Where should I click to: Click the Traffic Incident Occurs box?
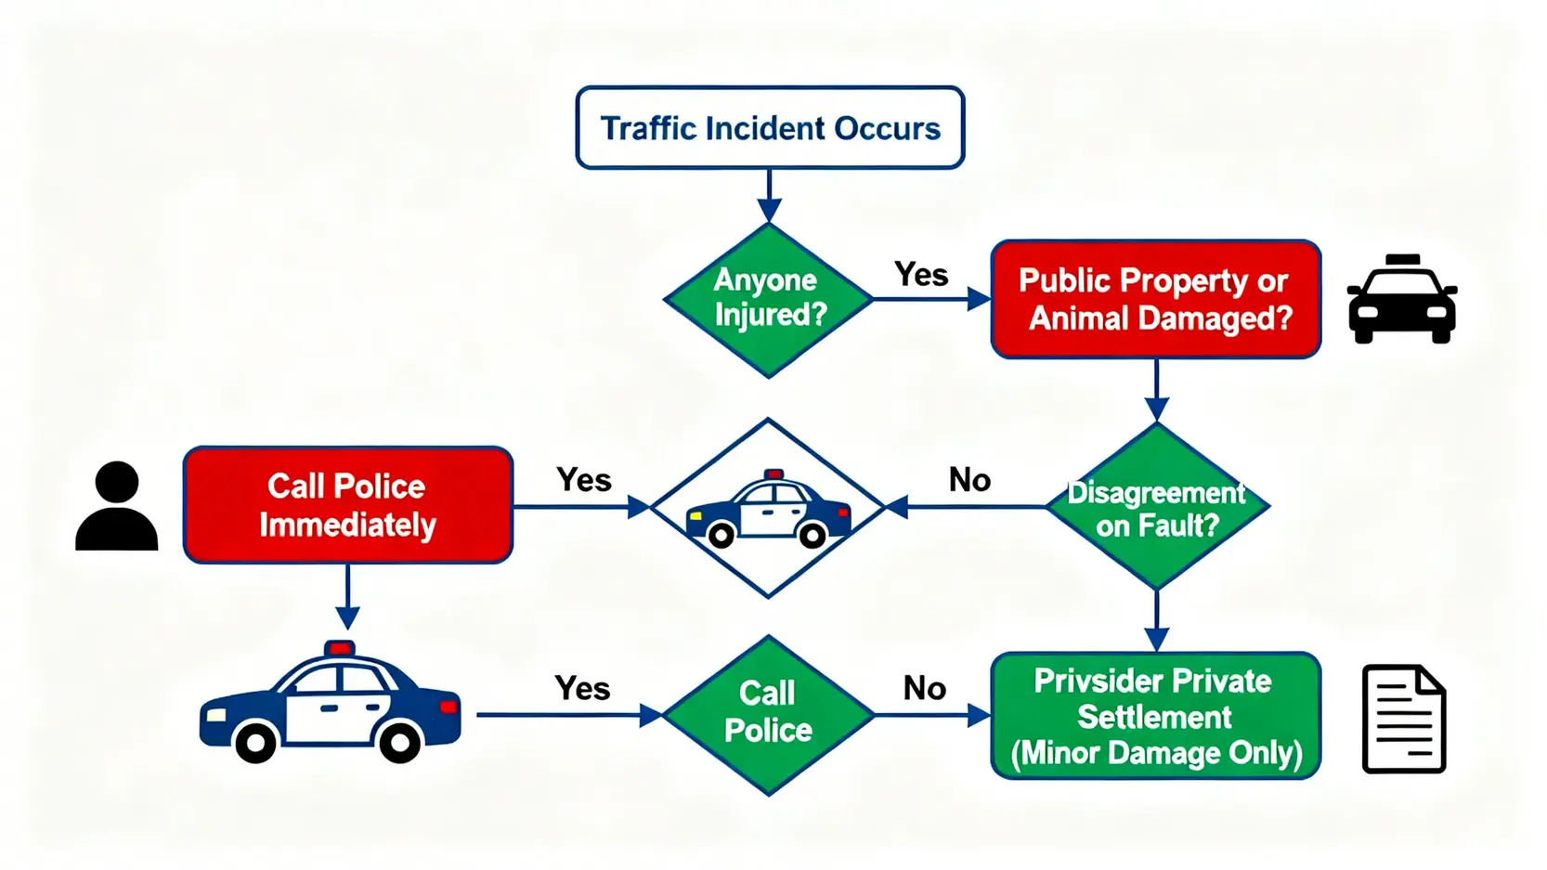click(770, 128)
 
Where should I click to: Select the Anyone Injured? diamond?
click(768, 299)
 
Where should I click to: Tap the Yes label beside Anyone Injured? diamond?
click(920, 275)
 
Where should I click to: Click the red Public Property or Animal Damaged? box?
click(1155, 299)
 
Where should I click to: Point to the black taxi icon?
click(1401, 299)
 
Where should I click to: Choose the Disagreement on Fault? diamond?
click(1156, 507)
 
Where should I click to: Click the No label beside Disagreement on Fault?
click(969, 480)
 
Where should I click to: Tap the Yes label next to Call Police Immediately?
click(583, 480)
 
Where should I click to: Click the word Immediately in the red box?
click(347, 526)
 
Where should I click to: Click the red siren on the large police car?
click(339, 647)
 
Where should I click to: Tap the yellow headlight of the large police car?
click(215, 715)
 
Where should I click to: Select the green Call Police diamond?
click(768, 713)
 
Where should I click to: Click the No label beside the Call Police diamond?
click(924, 688)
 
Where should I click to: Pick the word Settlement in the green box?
click(1154, 718)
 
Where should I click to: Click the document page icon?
click(1403, 719)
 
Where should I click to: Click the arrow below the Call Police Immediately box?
click(347, 599)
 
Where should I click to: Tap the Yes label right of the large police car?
click(582, 688)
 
